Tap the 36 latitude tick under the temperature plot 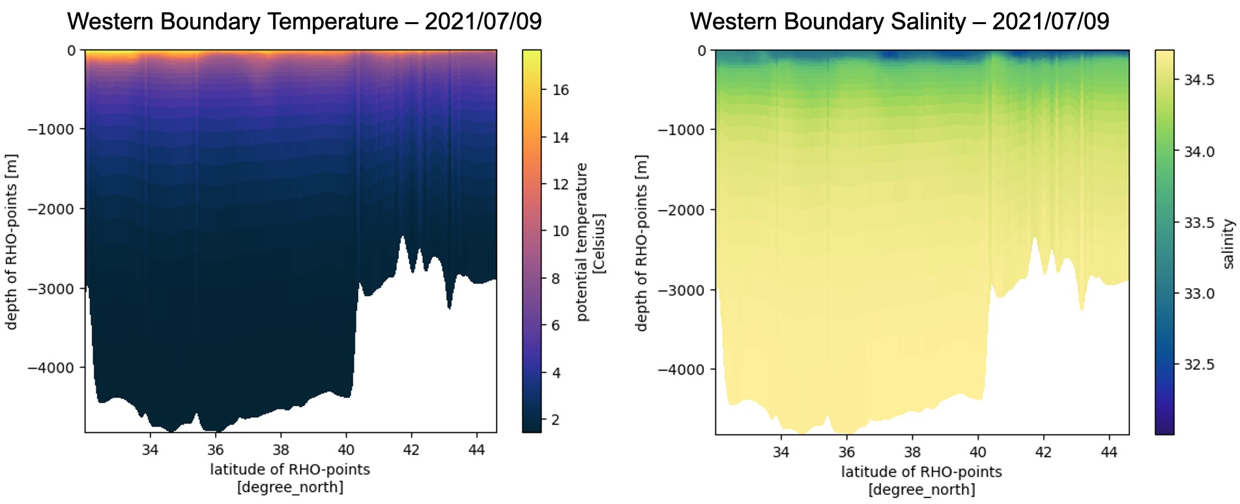point(216,450)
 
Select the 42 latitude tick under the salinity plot point(1043,452)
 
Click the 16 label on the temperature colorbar point(560,90)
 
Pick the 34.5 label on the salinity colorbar point(1199,80)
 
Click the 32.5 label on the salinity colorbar point(1199,364)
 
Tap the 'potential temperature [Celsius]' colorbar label point(590,241)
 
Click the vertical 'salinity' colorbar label point(1228,244)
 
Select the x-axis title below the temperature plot point(290,478)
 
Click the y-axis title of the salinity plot point(642,243)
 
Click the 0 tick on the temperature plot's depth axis point(72,50)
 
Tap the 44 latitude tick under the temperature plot point(477,450)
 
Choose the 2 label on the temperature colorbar point(556,420)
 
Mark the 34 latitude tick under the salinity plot point(781,452)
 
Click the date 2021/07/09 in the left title point(483,22)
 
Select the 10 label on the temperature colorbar point(560,231)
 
